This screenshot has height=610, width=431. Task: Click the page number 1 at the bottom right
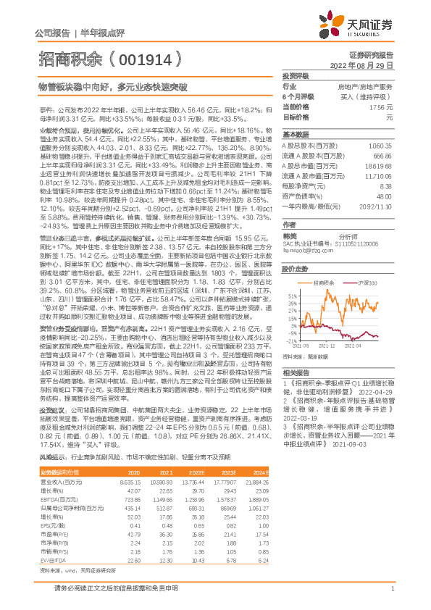(x=392, y=595)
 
